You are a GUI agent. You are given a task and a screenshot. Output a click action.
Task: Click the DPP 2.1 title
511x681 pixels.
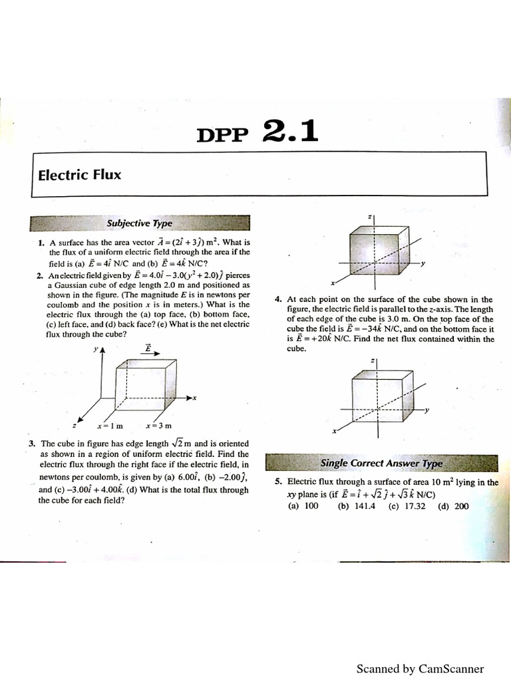(x=257, y=132)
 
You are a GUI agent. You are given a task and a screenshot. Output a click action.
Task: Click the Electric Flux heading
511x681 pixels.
(x=80, y=176)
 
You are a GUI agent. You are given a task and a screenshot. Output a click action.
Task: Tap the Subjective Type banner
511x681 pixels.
(x=140, y=223)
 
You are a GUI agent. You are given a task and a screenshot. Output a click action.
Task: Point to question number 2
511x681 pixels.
(x=41, y=275)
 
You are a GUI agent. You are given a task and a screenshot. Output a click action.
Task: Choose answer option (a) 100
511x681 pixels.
(x=303, y=506)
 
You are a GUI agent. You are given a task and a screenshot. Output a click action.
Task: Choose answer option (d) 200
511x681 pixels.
(x=453, y=506)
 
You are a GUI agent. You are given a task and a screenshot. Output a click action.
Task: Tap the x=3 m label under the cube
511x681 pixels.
(x=159, y=426)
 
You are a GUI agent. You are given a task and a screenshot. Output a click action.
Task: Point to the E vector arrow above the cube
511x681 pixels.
(x=148, y=348)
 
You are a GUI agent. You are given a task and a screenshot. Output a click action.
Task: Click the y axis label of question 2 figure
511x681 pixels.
(x=96, y=349)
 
